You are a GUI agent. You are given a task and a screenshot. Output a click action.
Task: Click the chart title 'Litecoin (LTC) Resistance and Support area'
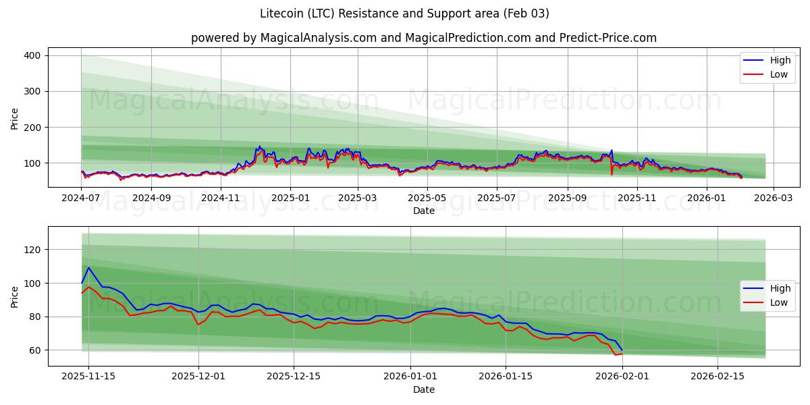404,13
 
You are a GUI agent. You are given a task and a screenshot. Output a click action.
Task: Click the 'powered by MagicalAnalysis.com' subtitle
423,38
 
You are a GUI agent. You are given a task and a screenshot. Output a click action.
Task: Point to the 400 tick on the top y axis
32,55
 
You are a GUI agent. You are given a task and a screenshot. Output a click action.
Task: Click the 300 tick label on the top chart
32,91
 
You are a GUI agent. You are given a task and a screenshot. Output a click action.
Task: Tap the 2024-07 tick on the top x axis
82,198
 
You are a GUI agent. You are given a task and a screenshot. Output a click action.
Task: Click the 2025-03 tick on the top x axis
358,198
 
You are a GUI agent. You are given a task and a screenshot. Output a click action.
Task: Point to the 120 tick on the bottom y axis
32,250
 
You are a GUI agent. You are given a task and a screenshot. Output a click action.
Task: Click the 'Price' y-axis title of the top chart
15,119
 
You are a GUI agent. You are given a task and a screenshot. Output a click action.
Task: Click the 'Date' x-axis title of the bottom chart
423,389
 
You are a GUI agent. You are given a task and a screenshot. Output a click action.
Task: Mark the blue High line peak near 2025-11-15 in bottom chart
88,267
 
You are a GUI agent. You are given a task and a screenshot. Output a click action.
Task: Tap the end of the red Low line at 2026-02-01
622,354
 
